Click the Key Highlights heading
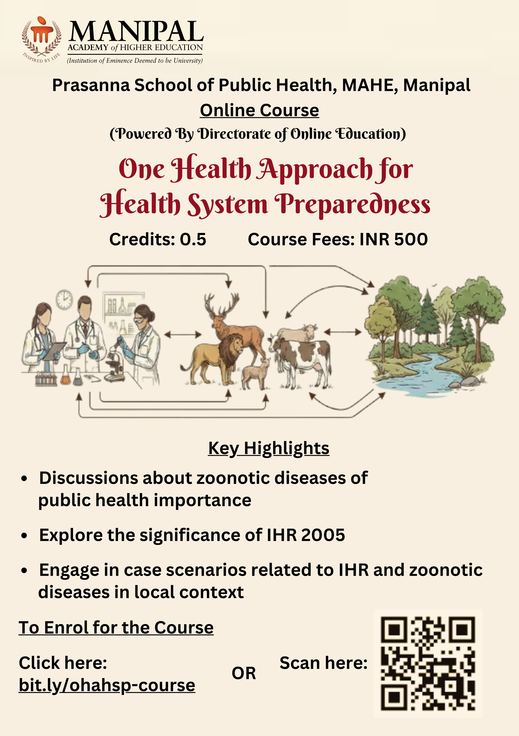[x=269, y=448]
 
